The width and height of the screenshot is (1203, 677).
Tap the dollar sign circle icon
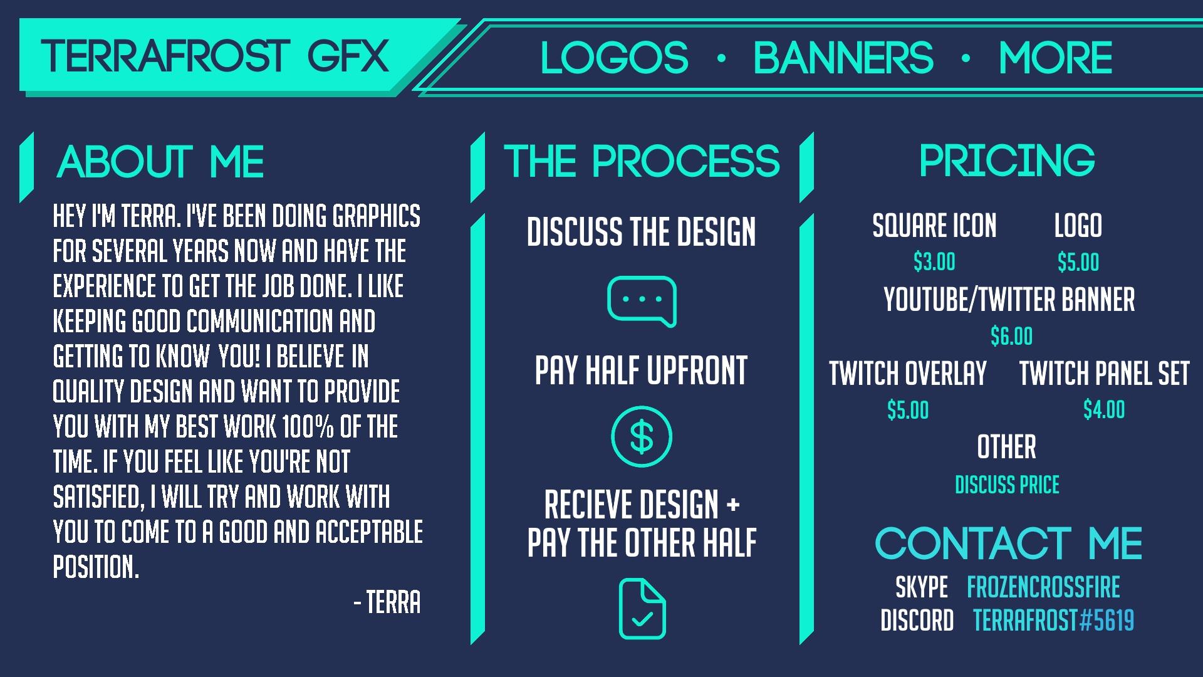click(x=642, y=436)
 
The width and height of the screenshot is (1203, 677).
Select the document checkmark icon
click(x=642, y=608)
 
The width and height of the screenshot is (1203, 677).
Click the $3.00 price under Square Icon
click(x=934, y=261)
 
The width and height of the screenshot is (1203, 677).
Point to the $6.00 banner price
click(x=1011, y=336)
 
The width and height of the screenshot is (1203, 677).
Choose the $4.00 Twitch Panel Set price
click(x=1104, y=409)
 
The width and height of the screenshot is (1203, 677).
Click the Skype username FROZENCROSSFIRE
click(x=1043, y=587)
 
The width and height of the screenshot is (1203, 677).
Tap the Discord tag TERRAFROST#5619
click(x=1053, y=621)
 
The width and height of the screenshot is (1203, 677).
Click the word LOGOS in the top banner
click(x=614, y=58)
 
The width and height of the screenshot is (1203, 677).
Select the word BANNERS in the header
click(x=843, y=58)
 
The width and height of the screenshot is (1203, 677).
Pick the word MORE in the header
click(x=1055, y=58)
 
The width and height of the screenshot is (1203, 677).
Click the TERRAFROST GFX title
click(x=215, y=56)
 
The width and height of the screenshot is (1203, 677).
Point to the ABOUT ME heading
click(x=160, y=162)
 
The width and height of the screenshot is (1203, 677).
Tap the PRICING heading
click(x=1007, y=160)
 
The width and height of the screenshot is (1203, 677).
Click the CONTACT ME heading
click(x=1008, y=543)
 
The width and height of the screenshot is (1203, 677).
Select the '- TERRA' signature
click(x=387, y=602)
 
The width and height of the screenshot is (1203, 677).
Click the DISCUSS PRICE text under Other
click(x=1007, y=485)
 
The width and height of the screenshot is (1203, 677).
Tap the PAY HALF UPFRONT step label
click(x=641, y=370)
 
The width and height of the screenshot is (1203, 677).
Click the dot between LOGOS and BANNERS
click(x=721, y=58)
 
